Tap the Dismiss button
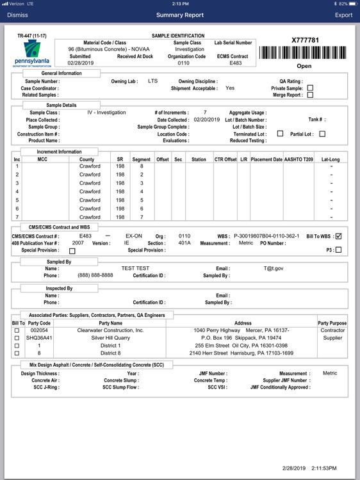(x=17, y=15)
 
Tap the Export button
(x=343, y=15)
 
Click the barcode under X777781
(x=305, y=52)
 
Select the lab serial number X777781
(x=305, y=40)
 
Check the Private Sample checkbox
(x=310, y=88)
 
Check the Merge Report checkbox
(x=310, y=95)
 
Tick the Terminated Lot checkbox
(x=280, y=134)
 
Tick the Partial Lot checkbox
(x=322, y=134)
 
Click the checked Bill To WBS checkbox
(x=339, y=236)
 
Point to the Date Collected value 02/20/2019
(x=207, y=120)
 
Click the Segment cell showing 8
(x=142, y=166)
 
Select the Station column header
(x=199, y=159)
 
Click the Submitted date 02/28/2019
(x=80, y=63)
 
